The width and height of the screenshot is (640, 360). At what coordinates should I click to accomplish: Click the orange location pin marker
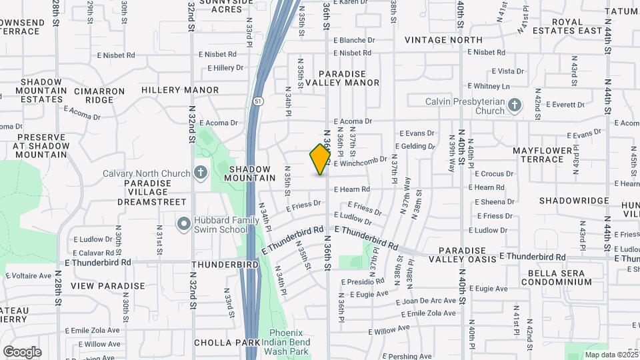click(x=321, y=159)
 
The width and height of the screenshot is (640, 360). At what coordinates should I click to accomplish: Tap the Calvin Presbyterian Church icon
click(x=514, y=105)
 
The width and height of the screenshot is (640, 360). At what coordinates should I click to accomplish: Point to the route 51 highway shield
click(x=257, y=101)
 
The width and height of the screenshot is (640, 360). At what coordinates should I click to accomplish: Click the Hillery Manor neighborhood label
click(x=180, y=89)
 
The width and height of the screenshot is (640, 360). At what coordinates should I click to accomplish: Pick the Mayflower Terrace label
click(x=542, y=155)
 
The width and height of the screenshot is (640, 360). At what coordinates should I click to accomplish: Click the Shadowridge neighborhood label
click(x=574, y=201)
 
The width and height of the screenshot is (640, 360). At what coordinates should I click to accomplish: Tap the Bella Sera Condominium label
click(x=559, y=277)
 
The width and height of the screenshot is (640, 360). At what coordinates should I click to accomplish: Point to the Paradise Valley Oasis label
click(x=462, y=253)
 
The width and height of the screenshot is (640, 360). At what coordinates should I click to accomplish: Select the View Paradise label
click(x=107, y=286)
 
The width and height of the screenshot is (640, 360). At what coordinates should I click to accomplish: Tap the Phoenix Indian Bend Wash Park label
click(x=290, y=341)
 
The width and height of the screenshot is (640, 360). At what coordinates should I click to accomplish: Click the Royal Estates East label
click(x=577, y=26)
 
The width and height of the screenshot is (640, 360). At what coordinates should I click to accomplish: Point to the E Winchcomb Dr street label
click(x=360, y=162)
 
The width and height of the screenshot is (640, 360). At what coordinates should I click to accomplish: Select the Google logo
click(x=22, y=351)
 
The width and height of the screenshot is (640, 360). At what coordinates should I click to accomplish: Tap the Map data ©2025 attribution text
click(x=611, y=355)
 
